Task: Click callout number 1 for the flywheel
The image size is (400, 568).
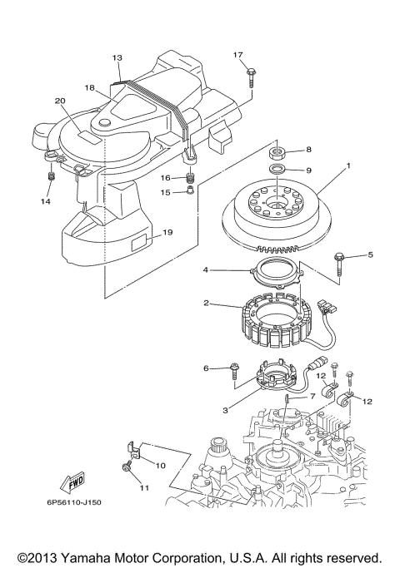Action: (348, 166)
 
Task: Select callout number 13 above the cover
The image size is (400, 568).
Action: (117, 58)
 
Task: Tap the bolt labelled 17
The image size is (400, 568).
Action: (250, 77)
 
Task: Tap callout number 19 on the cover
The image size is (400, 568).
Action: (167, 233)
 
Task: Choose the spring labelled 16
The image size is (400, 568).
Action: (190, 177)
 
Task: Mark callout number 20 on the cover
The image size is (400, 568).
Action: (59, 101)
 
